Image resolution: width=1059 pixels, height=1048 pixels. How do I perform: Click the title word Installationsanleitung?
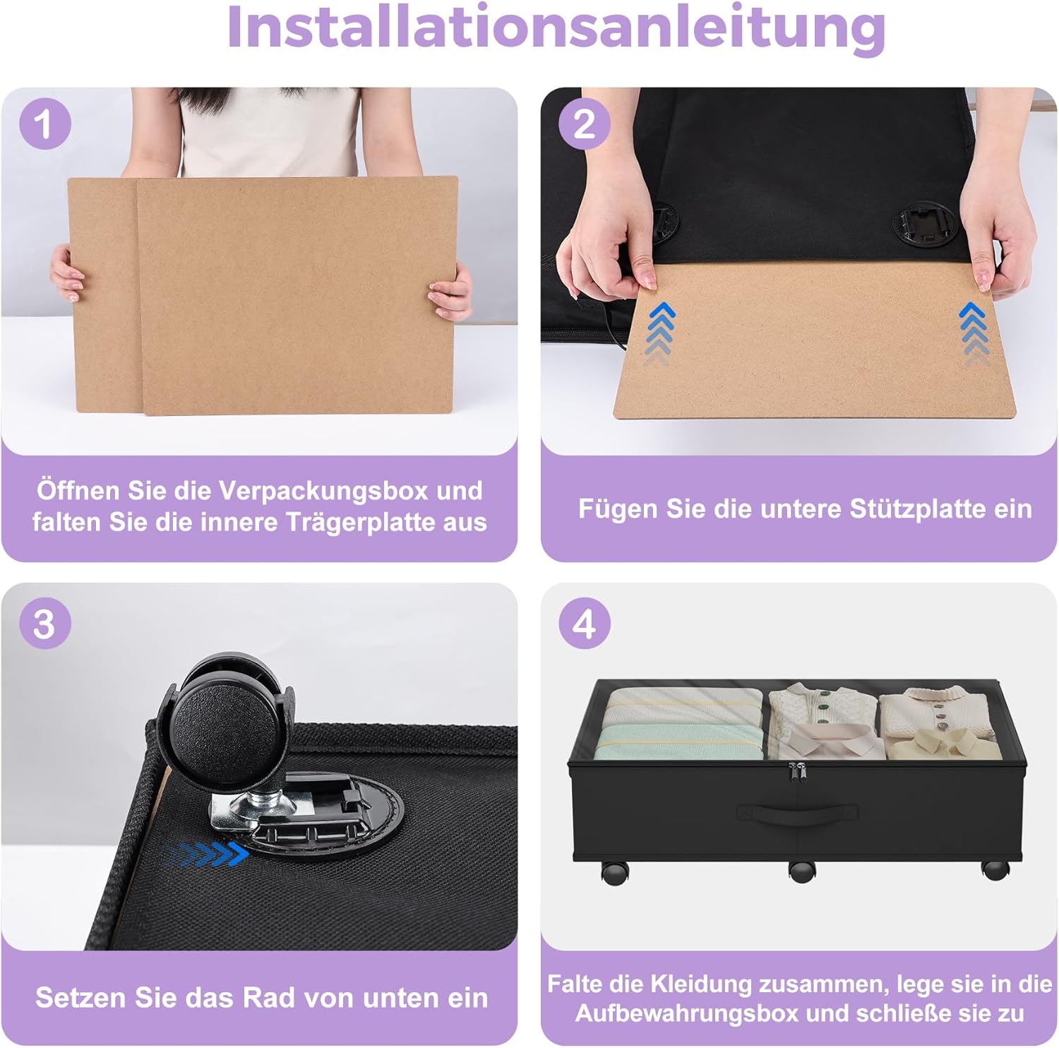click(556, 27)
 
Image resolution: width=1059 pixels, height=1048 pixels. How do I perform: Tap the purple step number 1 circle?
click(44, 124)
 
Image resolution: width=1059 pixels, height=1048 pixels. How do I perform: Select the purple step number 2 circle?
click(584, 124)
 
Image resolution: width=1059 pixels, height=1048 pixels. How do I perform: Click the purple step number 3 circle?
click(44, 624)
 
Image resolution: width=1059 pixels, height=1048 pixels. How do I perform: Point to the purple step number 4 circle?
click(584, 624)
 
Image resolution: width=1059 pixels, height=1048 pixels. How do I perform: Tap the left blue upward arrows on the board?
click(660, 332)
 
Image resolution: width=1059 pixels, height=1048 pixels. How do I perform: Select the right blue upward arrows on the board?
click(974, 332)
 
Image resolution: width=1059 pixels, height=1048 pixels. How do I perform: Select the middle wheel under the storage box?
click(801, 871)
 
